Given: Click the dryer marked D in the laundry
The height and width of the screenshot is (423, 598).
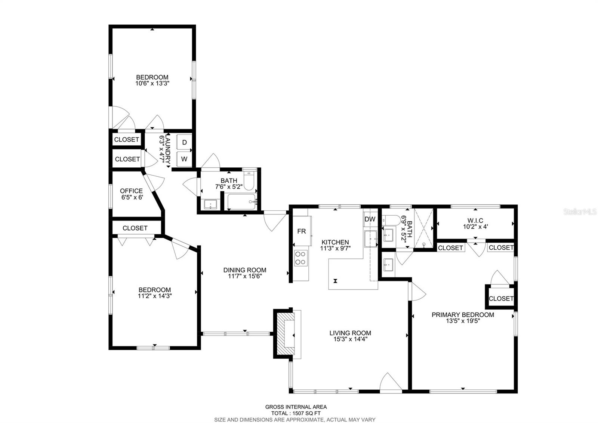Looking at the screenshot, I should [x=184, y=142].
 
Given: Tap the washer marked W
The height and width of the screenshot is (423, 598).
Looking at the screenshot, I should [x=184, y=159].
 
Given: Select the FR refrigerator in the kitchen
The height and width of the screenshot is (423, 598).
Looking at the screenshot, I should [x=302, y=231].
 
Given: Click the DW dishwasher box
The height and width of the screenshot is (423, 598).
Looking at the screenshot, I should [x=370, y=219].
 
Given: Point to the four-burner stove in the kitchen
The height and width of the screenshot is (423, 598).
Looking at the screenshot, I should [x=300, y=258].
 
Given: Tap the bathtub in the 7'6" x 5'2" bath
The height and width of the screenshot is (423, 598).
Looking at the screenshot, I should [x=241, y=202].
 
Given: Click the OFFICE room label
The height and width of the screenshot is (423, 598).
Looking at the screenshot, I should [x=131, y=191].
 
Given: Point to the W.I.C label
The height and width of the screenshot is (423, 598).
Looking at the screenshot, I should [x=475, y=221].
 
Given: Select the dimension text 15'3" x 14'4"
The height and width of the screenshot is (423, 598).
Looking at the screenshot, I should [x=350, y=339].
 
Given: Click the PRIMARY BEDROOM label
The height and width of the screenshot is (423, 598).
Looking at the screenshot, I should [x=463, y=315].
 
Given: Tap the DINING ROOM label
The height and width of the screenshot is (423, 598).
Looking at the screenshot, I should [x=245, y=270].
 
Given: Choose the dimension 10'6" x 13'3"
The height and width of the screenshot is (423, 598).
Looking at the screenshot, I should [x=152, y=84].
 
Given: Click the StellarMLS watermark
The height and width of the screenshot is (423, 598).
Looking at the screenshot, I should [x=580, y=212].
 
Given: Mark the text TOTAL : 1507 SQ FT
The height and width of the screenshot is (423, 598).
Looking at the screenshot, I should [x=296, y=413].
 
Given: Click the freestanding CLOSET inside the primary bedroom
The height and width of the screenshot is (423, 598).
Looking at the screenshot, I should [x=501, y=298].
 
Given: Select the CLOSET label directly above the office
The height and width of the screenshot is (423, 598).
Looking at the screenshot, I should [x=127, y=159].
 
